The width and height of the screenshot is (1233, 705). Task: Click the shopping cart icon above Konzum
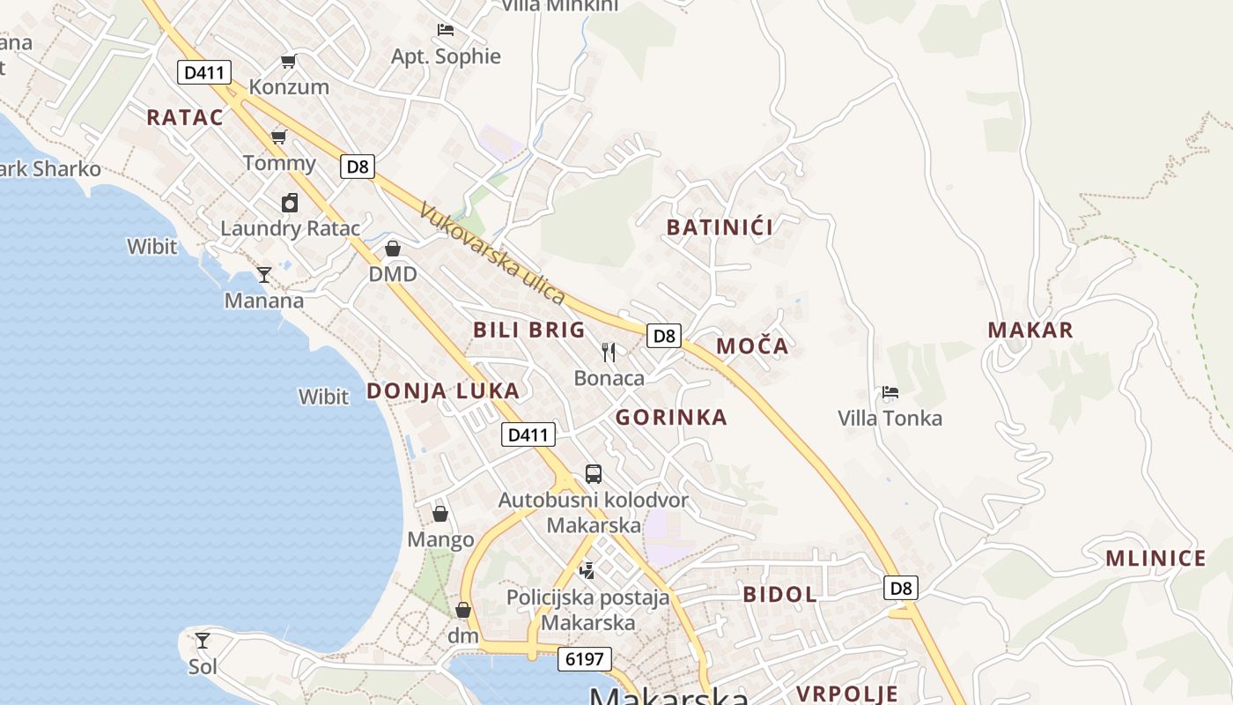click(x=288, y=61)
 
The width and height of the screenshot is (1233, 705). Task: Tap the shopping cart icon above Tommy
click(x=279, y=137)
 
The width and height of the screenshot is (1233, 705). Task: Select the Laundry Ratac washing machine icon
click(x=290, y=203)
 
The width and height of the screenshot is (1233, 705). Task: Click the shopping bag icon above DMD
click(x=393, y=249)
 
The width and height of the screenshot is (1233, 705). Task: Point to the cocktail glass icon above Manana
click(x=263, y=275)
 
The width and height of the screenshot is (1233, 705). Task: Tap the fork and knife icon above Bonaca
click(x=609, y=352)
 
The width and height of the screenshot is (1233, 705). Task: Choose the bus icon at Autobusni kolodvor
click(x=594, y=474)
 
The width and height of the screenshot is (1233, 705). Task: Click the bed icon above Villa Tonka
click(x=890, y=392)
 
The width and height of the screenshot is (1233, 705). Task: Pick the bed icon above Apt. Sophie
click(x=446, y=30)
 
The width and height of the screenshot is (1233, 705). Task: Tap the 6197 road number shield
click(x=584, y=659)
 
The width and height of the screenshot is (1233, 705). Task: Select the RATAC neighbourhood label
click(x=185, y=117)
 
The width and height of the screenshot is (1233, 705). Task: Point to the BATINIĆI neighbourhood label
click(x=720, y=227)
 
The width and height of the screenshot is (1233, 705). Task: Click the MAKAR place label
click(x=1030, y=330)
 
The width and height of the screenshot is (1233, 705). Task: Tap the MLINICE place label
click(x=1155, y=559)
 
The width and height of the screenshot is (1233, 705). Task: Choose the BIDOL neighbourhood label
click(x=780, y=594)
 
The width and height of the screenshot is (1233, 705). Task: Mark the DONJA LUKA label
click(x=443, y=391)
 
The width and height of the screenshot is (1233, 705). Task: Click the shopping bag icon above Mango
click(x=439, y=514)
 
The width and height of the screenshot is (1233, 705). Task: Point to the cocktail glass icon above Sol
click(x=203, y=641)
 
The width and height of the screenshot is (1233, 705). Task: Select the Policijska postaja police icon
click(x=587, y=571)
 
